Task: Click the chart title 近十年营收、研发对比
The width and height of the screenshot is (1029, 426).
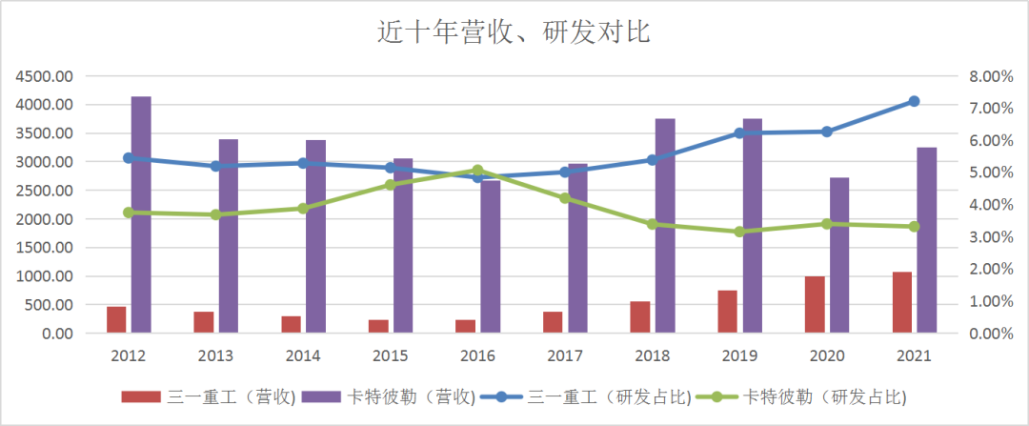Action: point(514,32)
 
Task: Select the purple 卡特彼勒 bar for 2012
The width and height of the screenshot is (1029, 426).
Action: point(141,215)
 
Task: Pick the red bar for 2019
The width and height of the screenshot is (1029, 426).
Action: point(728,312)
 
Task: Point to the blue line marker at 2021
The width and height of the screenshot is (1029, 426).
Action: point(914,101)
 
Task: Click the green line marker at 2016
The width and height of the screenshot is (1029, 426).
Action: point(478,171)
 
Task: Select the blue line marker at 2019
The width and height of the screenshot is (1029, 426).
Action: point(739,133)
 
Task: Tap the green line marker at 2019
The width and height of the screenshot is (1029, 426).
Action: point(739,232)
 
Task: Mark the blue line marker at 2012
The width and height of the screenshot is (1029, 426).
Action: point(129,158)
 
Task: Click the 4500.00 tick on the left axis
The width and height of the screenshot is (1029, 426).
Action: point(45,76)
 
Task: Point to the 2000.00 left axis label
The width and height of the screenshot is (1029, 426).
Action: point(45,219)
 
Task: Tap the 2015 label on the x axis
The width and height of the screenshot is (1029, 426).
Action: point(390,355)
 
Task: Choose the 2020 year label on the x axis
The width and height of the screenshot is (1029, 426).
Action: point(826,355)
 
